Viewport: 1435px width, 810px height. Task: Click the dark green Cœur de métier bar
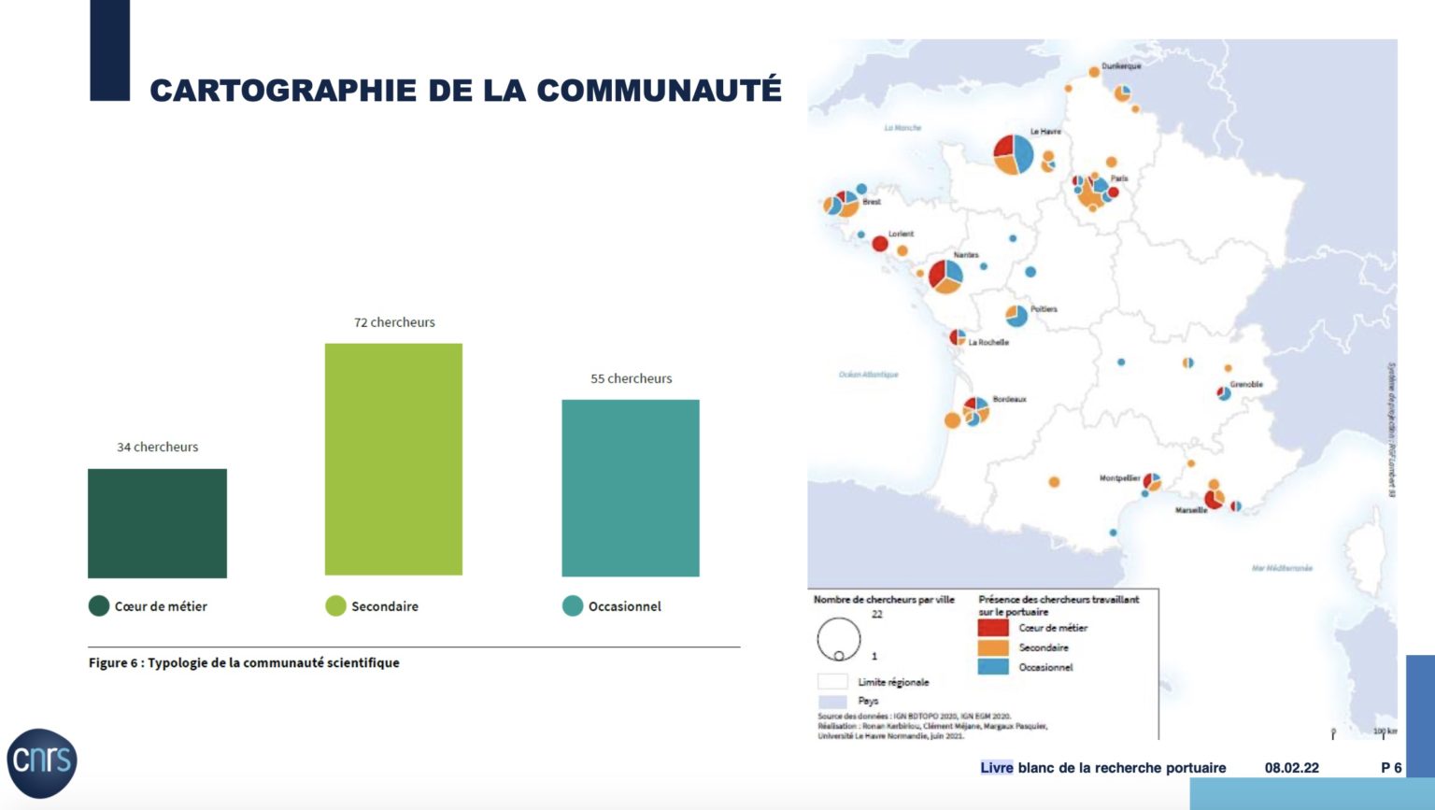click(157, 523)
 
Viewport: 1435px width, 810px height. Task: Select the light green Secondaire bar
click(393, 459)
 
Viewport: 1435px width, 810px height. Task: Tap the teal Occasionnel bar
click(631, 488)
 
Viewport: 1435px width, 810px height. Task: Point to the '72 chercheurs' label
click(394, 322)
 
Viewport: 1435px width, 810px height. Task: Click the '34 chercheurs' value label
click(158, 448)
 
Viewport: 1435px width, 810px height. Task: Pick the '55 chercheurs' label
click(632, 378)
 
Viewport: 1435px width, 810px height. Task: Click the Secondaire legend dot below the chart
click(335, 606)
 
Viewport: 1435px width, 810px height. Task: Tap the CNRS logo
click(42, 762)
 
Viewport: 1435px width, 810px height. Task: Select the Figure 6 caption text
click(244, 662)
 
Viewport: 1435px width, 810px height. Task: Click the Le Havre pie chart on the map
click(1013, 154)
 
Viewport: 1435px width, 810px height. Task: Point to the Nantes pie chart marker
click(945, 276)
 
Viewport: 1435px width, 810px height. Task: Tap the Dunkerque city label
click(1121, 66)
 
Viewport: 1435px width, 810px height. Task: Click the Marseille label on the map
click(1191, 510)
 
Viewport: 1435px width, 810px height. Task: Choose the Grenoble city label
click(1246, 384)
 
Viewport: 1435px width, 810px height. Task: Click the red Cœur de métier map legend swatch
click(993, 628)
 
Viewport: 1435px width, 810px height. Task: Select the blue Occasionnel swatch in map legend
click(993, 667)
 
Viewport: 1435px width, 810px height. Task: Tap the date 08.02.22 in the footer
click(1292, 768)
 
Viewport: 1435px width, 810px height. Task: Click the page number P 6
click(1391, 768)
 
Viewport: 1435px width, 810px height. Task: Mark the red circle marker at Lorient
click(880, 244)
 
